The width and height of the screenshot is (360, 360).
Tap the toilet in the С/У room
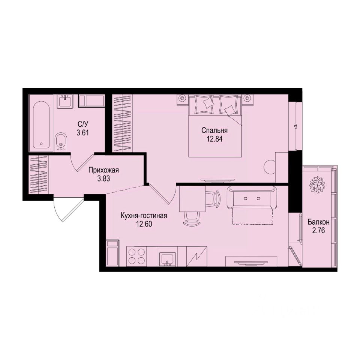tap(61, 142)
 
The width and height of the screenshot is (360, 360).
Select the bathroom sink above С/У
tap(66, 101)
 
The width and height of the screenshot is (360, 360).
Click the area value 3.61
tap(82, 133)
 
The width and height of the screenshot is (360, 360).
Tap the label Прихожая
tap(103, 170)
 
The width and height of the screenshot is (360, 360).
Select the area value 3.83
tap(103, 178)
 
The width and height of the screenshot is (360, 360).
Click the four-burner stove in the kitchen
tap(136, 256)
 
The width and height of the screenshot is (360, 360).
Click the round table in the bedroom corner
tap(270, 166)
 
